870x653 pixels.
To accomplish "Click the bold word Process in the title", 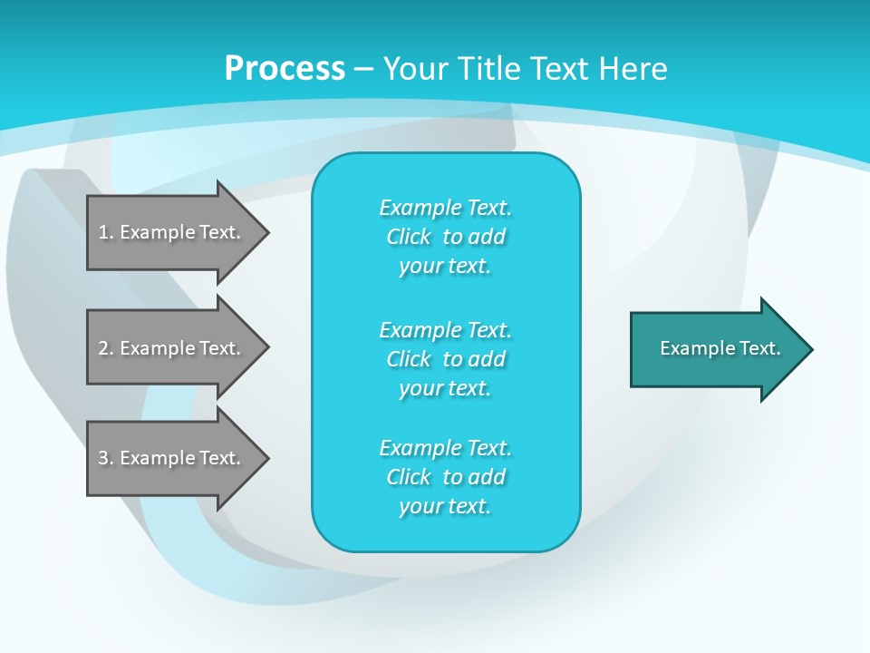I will click(285, 69).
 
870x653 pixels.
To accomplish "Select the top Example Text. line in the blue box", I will click(445, 208).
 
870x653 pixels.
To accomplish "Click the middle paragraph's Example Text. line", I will click(445, 329).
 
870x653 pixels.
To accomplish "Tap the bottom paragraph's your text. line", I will click(445, 507).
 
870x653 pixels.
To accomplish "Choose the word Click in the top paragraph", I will click(409, 237).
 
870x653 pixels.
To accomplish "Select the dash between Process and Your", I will click(363, 69).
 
